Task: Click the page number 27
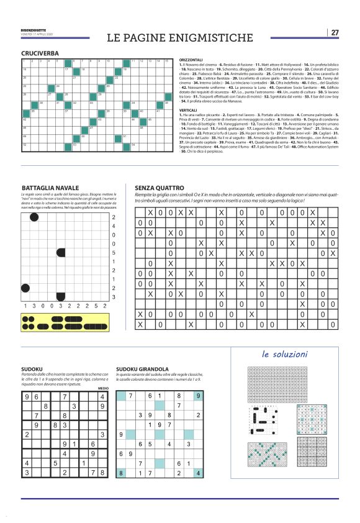(x=335, y=32)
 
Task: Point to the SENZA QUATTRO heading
(x=160, y=188)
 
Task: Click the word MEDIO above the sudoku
(x=103, y=388)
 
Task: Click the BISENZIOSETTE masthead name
(x=33, y=29)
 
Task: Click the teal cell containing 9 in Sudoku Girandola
(x=197, y=395)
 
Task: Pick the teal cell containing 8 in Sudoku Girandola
(x=122, y=473)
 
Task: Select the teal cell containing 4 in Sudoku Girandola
(x=197, y=473)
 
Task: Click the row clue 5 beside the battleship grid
(x=113, y=253)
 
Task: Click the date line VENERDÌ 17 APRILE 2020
(x=37, y=34)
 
